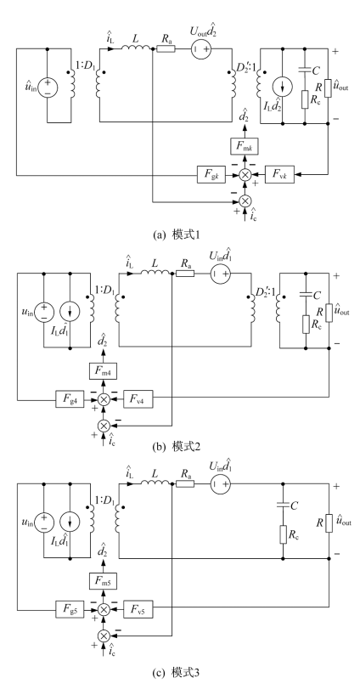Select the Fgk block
[x=211, y=175]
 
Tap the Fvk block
[x=281, y=175]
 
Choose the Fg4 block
[x=69, y=399]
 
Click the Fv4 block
[x=138, y=399]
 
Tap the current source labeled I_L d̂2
[x=281, y=86]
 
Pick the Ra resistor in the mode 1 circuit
[x=166, y=48]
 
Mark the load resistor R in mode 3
[x=329, y=522]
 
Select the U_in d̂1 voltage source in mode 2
[x=219, y=274]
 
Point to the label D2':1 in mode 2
[x=262, y=292]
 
